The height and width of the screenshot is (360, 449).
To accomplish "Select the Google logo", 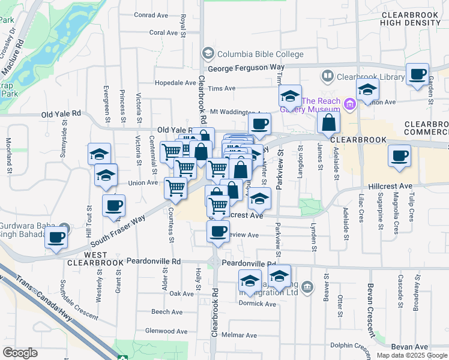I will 20,353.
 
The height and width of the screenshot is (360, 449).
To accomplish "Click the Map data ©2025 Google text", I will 411,355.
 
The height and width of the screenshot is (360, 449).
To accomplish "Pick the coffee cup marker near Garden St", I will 417,74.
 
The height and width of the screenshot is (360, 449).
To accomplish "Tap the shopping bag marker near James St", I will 329,122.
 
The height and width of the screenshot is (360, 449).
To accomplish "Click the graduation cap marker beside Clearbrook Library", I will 367,90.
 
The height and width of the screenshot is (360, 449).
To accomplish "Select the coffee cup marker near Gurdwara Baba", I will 56,236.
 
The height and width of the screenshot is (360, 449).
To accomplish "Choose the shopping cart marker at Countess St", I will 176,187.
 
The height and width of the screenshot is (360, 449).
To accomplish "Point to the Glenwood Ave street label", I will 166,331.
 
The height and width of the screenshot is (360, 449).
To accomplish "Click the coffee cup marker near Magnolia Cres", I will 399,156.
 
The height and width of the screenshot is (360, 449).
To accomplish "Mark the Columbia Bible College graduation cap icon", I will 208,53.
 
